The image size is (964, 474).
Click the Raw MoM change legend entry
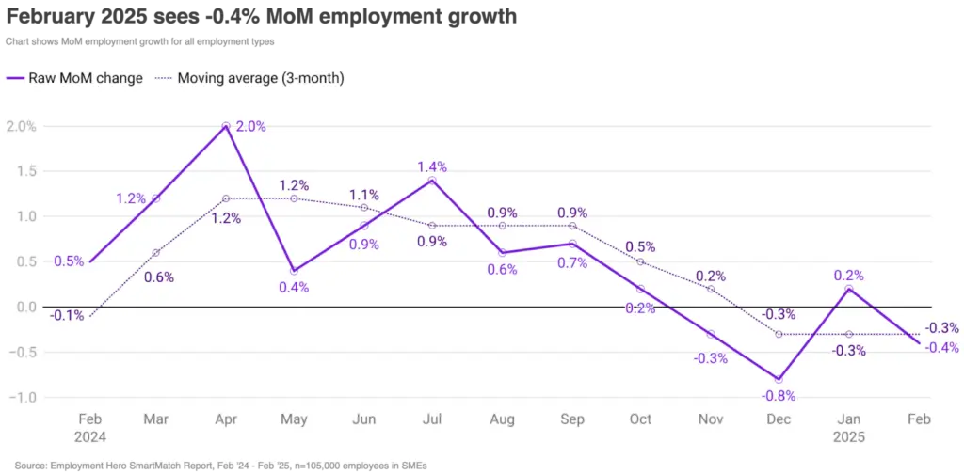[74, 78]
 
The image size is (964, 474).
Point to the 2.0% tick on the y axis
[21, 126]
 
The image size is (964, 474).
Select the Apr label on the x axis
[226, 419]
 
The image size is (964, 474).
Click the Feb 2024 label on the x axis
[91, 427]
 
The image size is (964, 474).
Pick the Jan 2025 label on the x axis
[848, 427]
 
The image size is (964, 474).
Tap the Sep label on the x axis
[571, 419]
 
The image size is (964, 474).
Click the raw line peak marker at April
[226, 126]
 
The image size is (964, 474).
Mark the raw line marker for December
[779, 379]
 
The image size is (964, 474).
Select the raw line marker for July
[433, 180]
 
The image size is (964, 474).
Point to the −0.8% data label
[779, 396]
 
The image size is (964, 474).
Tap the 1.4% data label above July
[432, 166]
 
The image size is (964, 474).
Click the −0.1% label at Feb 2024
[69, 316]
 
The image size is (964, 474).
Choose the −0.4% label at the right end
[941, 347]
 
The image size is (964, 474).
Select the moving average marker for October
[640, 261]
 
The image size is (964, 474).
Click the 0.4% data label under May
[295, 287]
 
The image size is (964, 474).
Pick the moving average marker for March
[156, 252]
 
